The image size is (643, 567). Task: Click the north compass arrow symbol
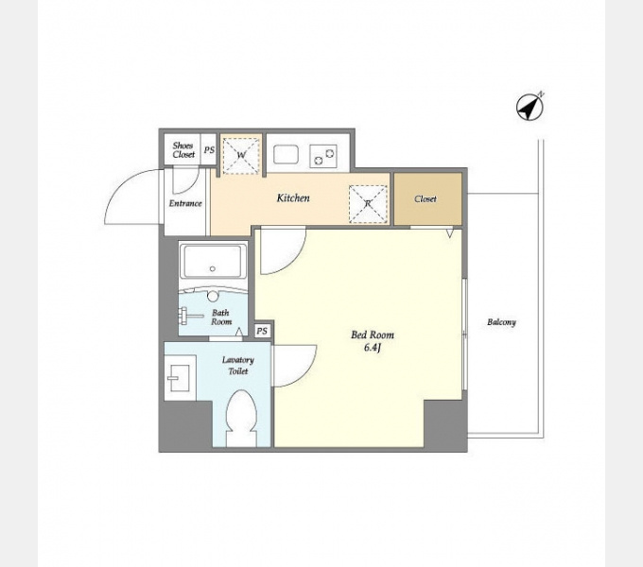pyautogui.click(x=530, y=108)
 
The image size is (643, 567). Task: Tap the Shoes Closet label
pyautogui.click(x=183, y=150)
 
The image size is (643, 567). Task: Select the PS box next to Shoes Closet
pyautogui.click(x=209, y=150)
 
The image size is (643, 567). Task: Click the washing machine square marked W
pyautogui.click(x=241, y=156)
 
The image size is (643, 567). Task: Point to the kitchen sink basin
pyautogui.click(x=286, y=154)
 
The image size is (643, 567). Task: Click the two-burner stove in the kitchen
pyautogui.click(x=323, y=156)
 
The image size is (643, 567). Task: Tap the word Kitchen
pyautogui.click(x=293, y=198)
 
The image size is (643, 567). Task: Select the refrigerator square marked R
pyautogui.click(x=368, y=204)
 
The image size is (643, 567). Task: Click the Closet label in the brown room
pyautogui.click(x=426, y=199)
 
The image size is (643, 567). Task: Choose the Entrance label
pyautogui.click(x=185, y=203)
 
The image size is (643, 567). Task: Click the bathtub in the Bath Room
pyautogui.click(x=213, y=262)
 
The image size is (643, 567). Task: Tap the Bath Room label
pyautogui.click(x=221, y=318)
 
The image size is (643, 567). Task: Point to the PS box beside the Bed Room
pyautogui.click(x=262, y=331)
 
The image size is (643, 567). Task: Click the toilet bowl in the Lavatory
pyautogui.click(x=241, y=418)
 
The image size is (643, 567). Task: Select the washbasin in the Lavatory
pyautogui.click(x=179, y=378)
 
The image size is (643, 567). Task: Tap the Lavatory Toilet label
pyautogui.click(x=238, y=366)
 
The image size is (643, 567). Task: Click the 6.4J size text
pyautogui.click(x=373, y=348)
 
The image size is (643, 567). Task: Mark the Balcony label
pyautogui.click(x=501, y=322)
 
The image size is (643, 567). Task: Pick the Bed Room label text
pyautogui.click(x=373, y=335)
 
